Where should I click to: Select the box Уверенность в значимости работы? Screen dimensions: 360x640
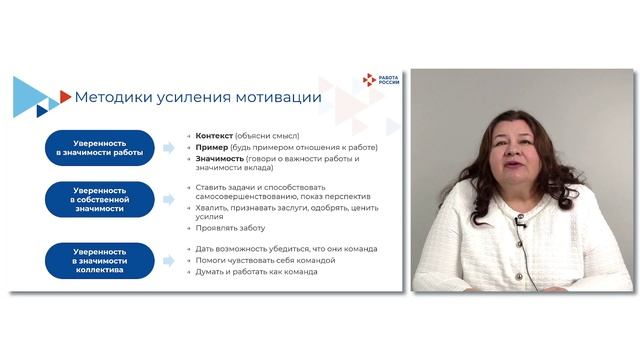tap(99, 147)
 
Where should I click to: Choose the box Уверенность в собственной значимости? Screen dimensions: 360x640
tap(99, 197)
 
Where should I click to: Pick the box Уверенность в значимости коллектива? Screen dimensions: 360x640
tap(99, 260)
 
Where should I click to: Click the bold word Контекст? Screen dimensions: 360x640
tap(215, 135)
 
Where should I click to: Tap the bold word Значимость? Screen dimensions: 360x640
tap(219, 158)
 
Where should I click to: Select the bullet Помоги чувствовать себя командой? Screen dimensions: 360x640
tap(265, 260)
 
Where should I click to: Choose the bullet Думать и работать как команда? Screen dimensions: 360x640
tap(257, 271)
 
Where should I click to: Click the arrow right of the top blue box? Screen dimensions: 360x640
tap(169, 148)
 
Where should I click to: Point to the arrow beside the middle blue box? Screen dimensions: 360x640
tap(169, 197)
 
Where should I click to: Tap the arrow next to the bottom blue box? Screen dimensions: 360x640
tap(169, 260)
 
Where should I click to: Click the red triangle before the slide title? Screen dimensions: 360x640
tap(65, 97)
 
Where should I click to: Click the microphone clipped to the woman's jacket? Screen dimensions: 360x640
tap(520, 221)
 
